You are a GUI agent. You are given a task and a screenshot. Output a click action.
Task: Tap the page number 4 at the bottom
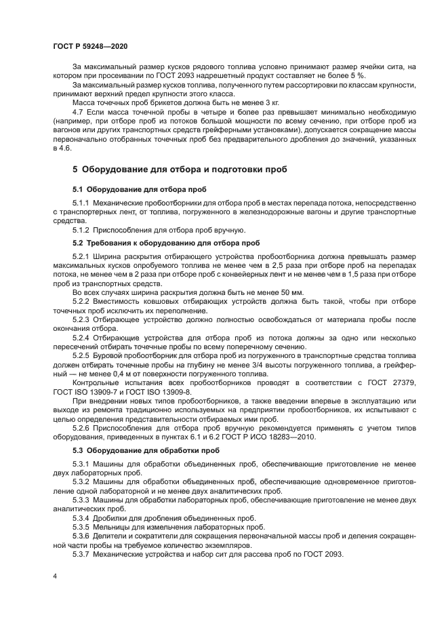click(54, 576)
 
